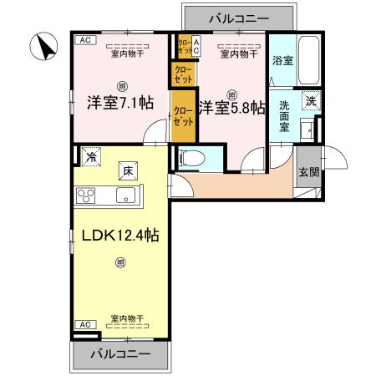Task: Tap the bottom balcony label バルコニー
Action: pyautogui.click(x=123, y=354)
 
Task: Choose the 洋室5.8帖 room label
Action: pyautogui.click(x=232, y=107)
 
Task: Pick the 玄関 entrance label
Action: pyautogui.click(x=307, y=173)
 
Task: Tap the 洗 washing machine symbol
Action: pyautogui.click(x=310, y=99)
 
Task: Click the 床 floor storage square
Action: pyautogui.click(x=129, y=169)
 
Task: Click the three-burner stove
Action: pyautogui.click(x=87, y=196)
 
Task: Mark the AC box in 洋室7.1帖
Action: pyautogui.click(x=84, y=39)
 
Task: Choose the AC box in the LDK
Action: pyautogui.click(x=84, y=323)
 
